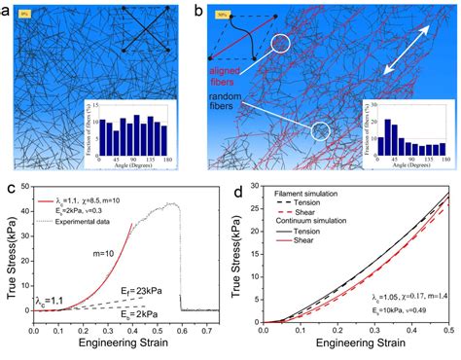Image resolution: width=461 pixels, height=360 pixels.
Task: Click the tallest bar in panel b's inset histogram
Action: (388, 126)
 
